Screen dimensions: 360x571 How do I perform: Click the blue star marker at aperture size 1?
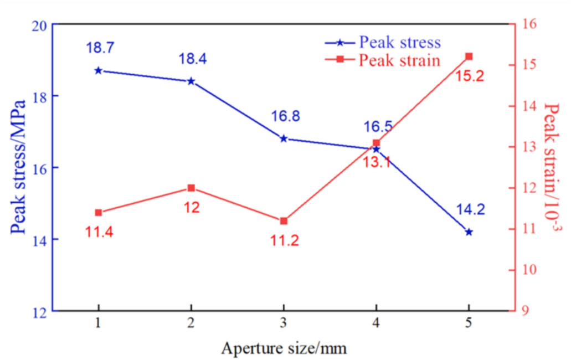coord(99,70)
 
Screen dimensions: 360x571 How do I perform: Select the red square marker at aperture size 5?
coord(469,56)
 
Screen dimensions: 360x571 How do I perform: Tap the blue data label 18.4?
coord(192,59)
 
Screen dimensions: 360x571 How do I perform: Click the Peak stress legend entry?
coord(399,42)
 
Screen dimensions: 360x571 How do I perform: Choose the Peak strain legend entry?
coord(399,60)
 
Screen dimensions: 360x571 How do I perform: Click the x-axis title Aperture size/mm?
coord(285,348)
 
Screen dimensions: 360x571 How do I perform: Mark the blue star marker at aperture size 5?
coord(469,232)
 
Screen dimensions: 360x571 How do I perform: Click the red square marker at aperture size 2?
coord(191,188)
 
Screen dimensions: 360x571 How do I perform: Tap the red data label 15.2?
coord(470,76)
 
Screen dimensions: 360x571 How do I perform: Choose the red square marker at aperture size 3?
coord(284,221)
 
